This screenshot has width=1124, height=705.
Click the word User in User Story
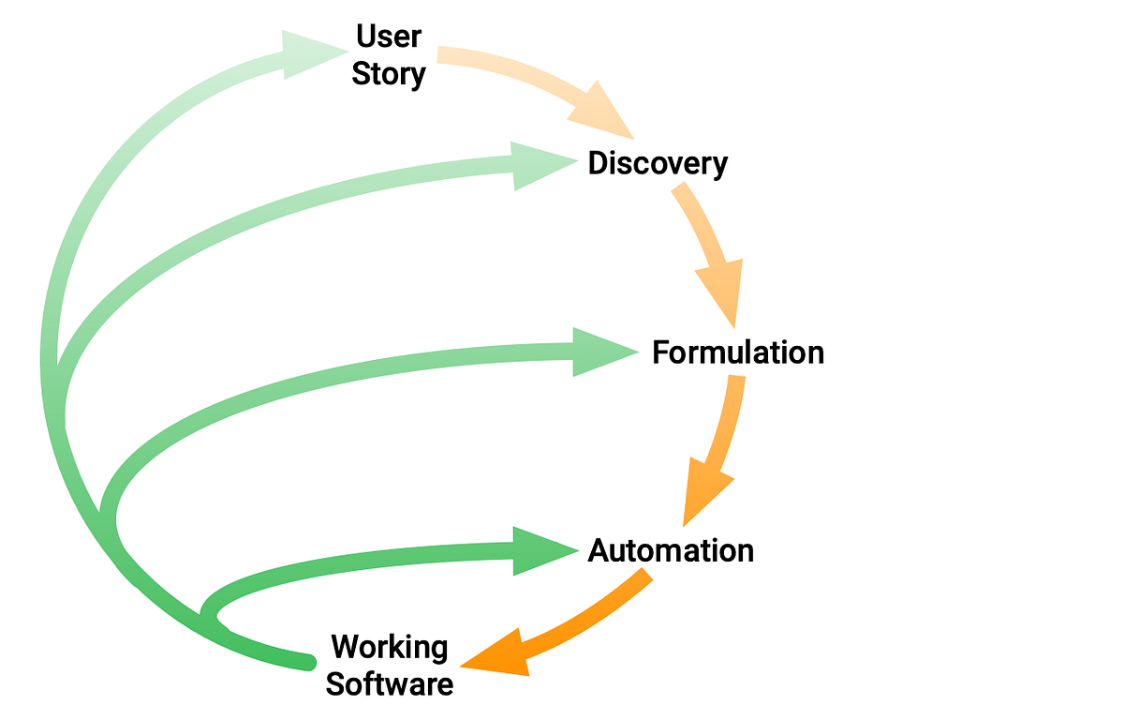[389, 37]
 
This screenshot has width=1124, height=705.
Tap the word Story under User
[389, 74]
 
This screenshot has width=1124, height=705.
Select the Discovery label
[657, 164]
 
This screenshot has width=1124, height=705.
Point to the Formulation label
[738, 352]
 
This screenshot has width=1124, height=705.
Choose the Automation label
[671, 550]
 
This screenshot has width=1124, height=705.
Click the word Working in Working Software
[390, 647]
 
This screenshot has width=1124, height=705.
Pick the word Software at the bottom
[390, 682]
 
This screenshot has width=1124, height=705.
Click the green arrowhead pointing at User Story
[309, 52]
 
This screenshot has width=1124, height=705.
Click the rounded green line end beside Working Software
[305, 662]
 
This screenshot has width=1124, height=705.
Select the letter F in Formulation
[661, 352]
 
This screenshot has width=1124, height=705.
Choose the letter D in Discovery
[598, 164]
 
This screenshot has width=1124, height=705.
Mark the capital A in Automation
[599, 550]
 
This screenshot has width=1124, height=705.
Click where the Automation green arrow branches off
[204, 617]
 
